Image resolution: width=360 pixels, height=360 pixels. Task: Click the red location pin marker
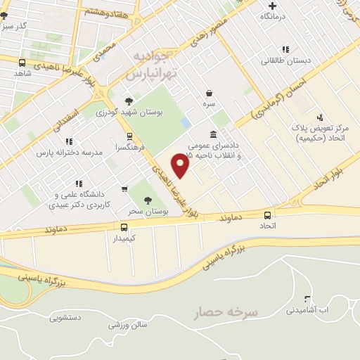pos(181,165)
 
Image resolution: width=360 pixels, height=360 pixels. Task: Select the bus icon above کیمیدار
pos(124,227)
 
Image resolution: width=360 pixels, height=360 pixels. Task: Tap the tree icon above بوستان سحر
pos(147,200)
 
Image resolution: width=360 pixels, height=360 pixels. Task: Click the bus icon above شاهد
pos(22,63)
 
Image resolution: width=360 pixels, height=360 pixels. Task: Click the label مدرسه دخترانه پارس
pos(70,152)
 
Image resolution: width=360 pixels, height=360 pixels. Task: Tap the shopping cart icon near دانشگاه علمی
pos(124,188)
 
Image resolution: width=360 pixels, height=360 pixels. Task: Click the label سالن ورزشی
pos(128,325)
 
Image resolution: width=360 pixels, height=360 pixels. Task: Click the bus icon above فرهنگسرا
pos(129,136)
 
